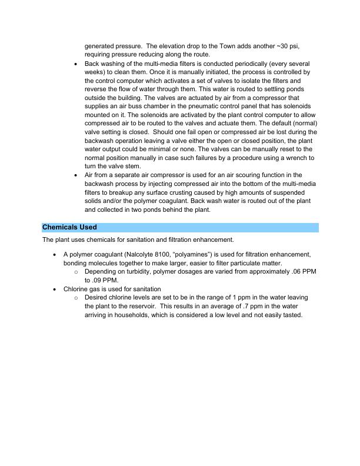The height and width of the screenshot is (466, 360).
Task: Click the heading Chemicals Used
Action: point(69,227)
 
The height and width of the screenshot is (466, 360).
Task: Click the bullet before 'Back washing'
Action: point(76,63)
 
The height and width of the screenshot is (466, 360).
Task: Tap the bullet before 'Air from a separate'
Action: point(76,175)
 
